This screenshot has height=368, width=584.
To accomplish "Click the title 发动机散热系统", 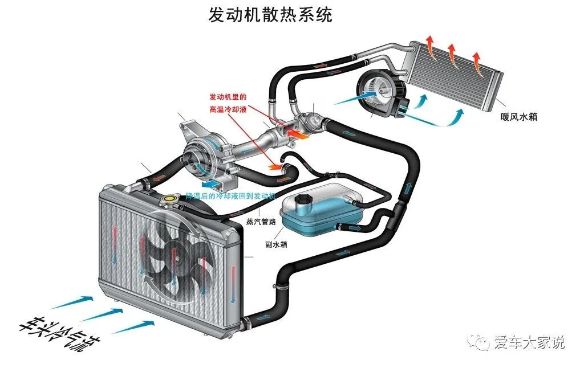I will click(270, 14).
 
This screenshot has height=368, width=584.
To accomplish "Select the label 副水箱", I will click(276, 246).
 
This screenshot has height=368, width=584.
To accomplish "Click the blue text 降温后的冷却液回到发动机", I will click(231, 195).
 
